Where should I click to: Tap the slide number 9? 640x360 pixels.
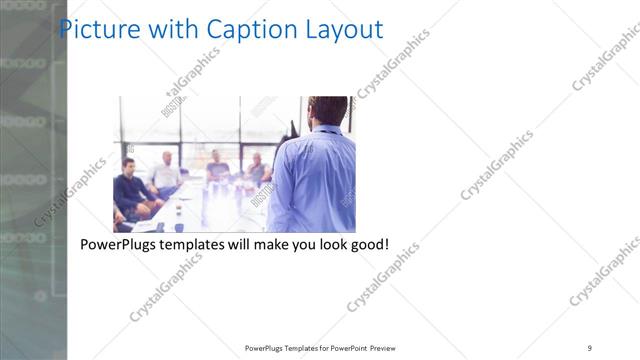(x=590, y=347)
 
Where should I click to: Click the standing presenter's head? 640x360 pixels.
(x=327, y=110)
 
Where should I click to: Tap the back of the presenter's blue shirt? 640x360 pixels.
(x=314, y=180)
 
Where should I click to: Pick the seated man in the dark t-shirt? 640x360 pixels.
(x=217, y=167)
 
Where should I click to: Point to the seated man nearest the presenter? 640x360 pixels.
(x=256, y=169)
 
